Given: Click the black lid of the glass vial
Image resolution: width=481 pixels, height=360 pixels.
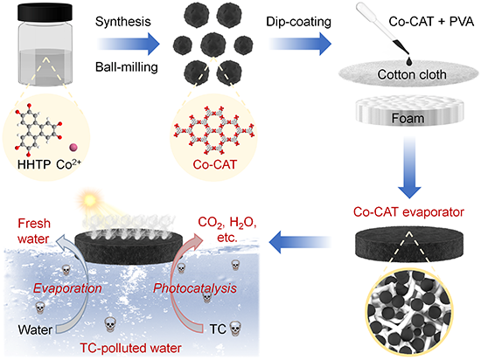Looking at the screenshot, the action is (x=45, y=13).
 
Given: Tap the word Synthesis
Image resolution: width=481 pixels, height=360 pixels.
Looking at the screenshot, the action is (x=123, y=22).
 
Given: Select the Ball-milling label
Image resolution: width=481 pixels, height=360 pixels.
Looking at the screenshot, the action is (x=127, y=66).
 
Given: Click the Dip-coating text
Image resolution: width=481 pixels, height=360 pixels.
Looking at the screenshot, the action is (x=298, y=22).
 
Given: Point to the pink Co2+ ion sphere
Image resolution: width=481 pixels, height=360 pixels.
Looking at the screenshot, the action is (x=73, y=148).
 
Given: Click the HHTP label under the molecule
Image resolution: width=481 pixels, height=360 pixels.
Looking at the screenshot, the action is (x=34, y=164).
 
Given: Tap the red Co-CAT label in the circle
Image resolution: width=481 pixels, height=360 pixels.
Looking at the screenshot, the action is (x=215, y=164).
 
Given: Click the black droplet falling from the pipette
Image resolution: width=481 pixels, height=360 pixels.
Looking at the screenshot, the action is (x=409, y=61).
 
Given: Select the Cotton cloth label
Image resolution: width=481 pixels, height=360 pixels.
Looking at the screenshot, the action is (x=412, y=74).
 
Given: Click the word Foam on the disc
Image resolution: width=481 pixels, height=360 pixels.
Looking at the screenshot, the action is (x=408, y=118).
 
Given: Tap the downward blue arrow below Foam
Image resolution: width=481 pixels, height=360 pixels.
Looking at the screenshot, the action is (x=409, y=168).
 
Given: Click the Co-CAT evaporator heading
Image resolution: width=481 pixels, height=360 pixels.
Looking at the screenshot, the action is (x=408, y=212).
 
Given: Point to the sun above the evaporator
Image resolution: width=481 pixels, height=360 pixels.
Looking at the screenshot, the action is (x=90, y=200).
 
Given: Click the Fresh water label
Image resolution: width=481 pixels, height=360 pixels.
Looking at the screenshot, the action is (x=34, y=231).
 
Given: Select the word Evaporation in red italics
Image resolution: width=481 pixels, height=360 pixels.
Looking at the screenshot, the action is (x=67, y=288).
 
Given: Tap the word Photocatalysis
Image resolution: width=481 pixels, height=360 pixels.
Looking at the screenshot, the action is (x=195, y=288).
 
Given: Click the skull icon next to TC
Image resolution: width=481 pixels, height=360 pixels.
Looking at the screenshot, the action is (x=235, y=329).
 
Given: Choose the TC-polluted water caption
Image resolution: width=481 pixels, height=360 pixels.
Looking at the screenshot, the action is (x=130, y=348).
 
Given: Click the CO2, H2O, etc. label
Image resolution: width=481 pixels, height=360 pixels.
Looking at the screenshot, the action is (x=227, y=230).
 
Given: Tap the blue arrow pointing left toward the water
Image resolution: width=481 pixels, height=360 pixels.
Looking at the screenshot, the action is (x=301, y=242).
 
